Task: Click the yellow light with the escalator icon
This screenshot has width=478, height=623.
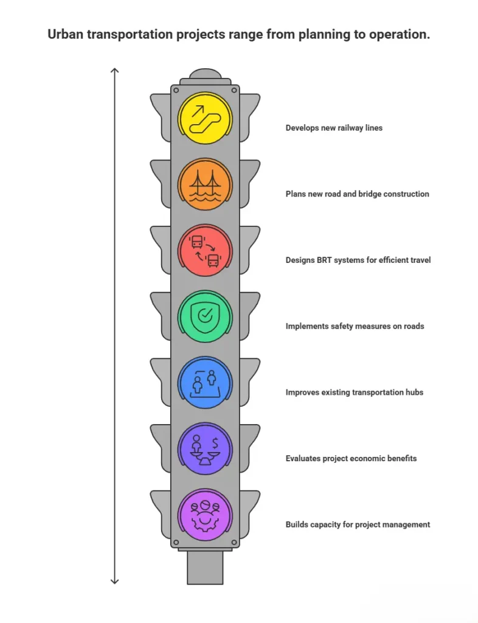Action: coord(205,119)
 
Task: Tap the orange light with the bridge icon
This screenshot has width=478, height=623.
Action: coord(205,185)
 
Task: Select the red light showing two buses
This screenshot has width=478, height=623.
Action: coord(205,251)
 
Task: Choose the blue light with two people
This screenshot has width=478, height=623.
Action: coord(205,383)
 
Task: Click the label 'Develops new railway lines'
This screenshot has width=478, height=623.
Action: coord(334,128)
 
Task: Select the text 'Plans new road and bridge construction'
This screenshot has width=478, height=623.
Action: coord(358,194)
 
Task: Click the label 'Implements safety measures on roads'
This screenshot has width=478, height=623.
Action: coord(355,326)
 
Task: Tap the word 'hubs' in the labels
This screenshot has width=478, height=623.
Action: coord(415,392)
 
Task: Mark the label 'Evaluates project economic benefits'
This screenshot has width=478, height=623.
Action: coord(351,459)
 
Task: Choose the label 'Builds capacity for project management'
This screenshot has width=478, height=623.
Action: coord(358,524)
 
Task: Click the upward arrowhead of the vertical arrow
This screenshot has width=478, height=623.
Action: coord(114,71)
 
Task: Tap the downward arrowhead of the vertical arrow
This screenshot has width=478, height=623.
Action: coord(114,582)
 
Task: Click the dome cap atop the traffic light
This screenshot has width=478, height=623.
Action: coord(205,74)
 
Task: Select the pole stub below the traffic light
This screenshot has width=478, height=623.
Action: coord(205,568)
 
